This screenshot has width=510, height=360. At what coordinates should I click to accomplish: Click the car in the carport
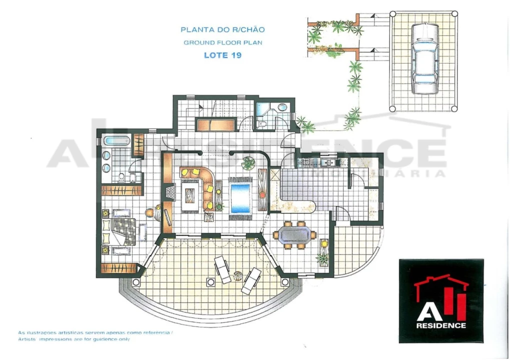[x=425, y=58]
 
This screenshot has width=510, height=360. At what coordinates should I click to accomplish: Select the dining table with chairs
[x=295, y=234]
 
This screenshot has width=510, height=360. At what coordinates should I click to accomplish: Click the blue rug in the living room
[x=241, y=198]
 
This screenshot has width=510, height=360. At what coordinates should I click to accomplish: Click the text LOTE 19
[x=223, y=55]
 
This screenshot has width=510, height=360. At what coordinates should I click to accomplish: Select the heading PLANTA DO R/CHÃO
[x=223, y=30]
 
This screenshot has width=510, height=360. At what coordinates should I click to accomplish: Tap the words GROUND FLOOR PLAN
[x=223, y=42]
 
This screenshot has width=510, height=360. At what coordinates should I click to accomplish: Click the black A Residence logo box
[x=441, y=301]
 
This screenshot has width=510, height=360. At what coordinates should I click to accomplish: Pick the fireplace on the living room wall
[x=170, y=191]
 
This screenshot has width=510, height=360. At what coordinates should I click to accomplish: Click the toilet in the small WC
[x=262, y=124]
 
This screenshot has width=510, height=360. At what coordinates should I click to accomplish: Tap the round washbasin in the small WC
[x=282, y=107]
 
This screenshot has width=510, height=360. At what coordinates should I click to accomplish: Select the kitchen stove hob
[x=305, y=162]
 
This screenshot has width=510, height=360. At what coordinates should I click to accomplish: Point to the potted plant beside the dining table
[x=323, y=258]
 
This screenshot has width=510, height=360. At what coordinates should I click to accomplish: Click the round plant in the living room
[x=248, y=163]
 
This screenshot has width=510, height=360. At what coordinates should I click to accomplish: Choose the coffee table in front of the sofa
[x=191, y=196]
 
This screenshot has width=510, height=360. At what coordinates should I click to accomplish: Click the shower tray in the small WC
[x=262, y=109]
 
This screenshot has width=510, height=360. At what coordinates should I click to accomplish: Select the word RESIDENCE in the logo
[x=441, y=325]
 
